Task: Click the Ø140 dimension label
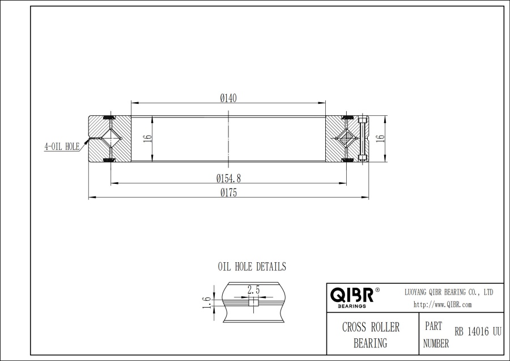coord(228,98)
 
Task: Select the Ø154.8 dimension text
coord(228,178)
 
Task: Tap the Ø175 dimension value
coord(228,192)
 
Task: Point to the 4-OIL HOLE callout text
coord(62,146)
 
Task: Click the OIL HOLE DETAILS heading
coord(252,266)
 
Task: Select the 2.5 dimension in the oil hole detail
coord(253,290)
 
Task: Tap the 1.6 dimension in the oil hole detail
coord(207,303)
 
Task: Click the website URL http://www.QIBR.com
coord(443,305)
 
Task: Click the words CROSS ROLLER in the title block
coord(371,328)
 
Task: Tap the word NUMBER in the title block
coord(436,343)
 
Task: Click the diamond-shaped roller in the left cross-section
coord(111,138)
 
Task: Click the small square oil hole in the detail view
coord(253,303)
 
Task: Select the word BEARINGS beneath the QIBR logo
coord(351,306)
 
